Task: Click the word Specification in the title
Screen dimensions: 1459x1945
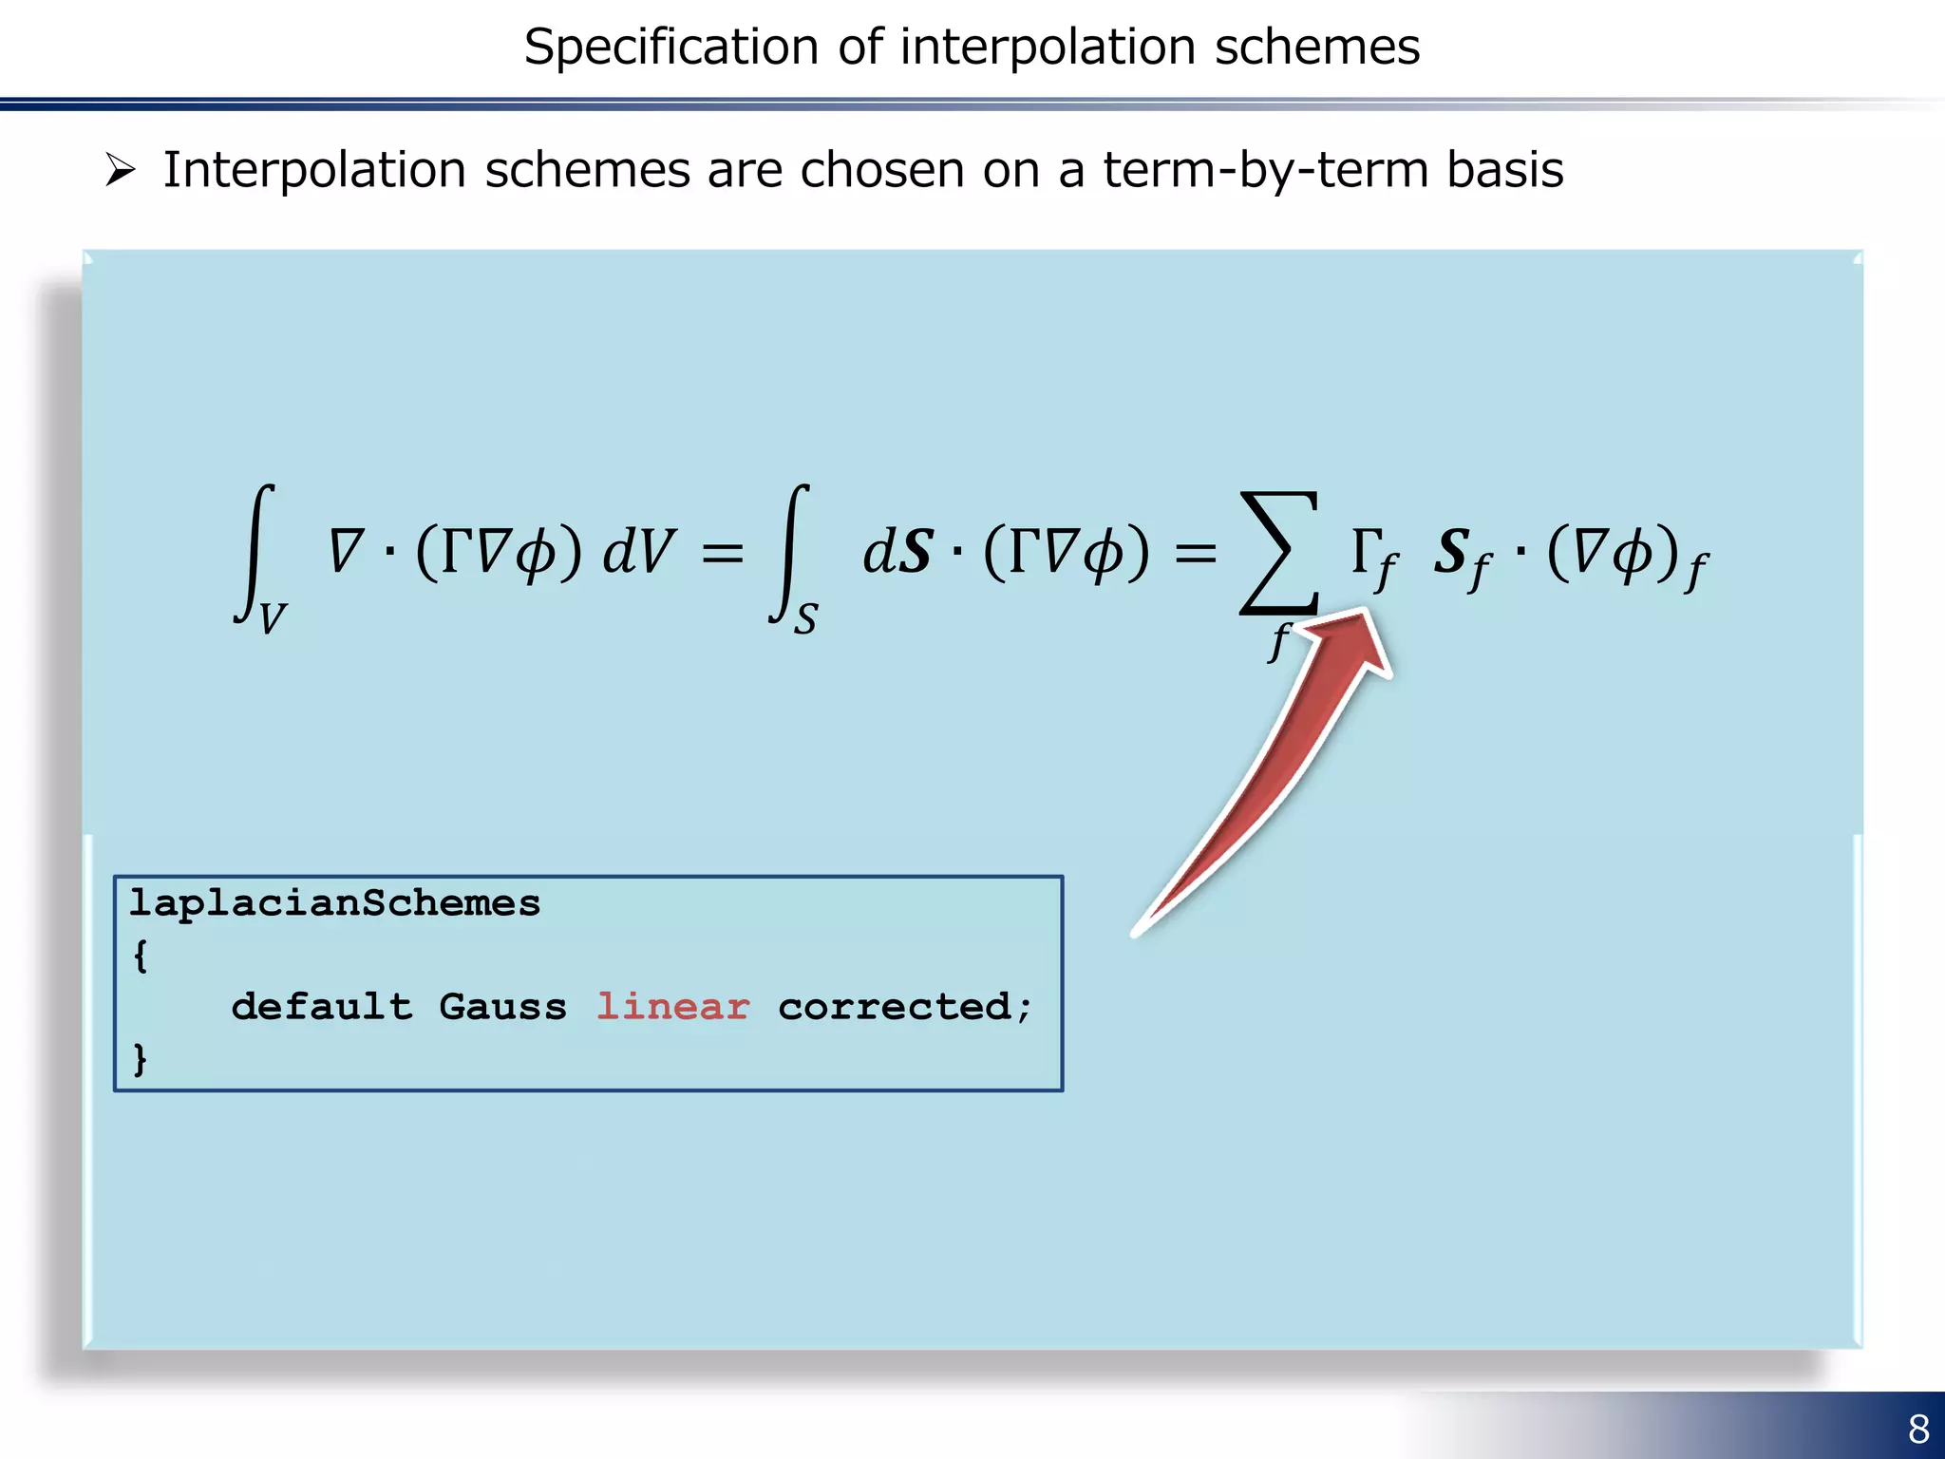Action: pos(670,47)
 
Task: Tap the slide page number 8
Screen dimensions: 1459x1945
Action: pos(1918,1429)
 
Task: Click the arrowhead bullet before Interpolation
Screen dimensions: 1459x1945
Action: pos(121,170)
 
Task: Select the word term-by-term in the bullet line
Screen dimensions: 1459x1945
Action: pos(1266,171)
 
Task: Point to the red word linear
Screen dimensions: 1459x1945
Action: pos(672,1007)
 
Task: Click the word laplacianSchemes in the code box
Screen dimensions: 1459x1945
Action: pos(334,902)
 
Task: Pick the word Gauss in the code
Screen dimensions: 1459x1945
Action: pos(502,1007)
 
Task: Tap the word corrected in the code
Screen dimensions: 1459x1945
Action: pos(895,1007)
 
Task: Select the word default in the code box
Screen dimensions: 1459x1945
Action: pos(322,1007)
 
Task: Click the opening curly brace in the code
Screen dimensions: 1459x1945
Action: pos(141,956)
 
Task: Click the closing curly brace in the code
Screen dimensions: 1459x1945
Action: pos(141,1058)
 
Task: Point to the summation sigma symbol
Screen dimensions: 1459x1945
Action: pos(1278,553)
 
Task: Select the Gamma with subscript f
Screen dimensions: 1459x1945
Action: pos(1373,557)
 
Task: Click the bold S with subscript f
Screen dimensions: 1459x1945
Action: pos(1461,557)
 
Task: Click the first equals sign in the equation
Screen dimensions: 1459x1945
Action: pos(722,553)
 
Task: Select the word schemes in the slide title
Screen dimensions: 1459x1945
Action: pos(1316,47)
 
